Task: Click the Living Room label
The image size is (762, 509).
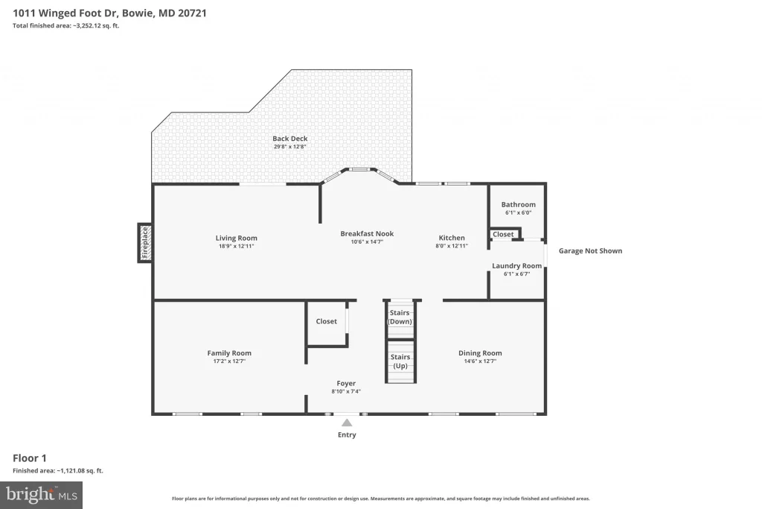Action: pos(236,238)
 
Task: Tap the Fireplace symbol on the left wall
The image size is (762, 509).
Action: pos(145,243)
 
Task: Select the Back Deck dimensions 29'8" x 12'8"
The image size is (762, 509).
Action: pos(289,147)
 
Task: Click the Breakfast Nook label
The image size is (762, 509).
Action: pos(367,233)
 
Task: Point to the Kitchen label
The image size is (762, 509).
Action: pos(452,238)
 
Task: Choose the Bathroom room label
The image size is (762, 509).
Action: pos(519,204)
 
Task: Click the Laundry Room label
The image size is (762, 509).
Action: pos(516,266)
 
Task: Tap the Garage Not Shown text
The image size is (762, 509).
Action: pos(590,250)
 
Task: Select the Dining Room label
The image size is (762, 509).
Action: pos(480,352)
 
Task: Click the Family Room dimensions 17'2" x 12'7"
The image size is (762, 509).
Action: pos(229,361)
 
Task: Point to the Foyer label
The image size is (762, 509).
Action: pos(346,383)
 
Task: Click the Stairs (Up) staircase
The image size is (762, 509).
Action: pos(401,361)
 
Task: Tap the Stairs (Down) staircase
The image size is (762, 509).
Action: pos(400,319)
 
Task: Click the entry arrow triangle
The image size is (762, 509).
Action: pos(347,423)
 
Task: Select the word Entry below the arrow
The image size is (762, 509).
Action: pos(347,434)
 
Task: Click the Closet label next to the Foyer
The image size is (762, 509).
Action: pos(326,321)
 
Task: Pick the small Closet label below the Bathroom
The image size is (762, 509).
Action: pos(503,234)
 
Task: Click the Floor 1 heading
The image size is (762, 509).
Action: pos(30,458)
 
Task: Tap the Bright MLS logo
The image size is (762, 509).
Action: pos(42,496)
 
